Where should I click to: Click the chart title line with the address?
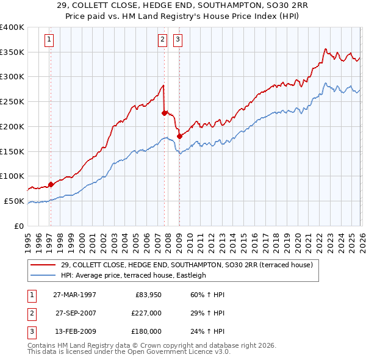(x=183, y=5)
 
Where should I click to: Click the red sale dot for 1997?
(x=51, y=184)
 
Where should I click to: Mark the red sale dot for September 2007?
(x=165, y=112)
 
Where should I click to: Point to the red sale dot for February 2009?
(x=179, y=136)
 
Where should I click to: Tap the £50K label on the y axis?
(x=15, y=201)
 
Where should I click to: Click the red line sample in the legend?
(x=43, y=265)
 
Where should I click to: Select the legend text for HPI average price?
(x=134, y=275)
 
